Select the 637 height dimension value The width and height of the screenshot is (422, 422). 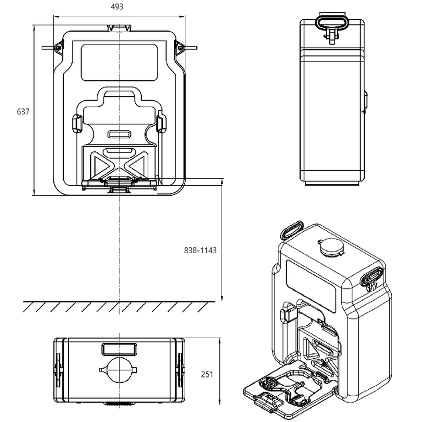pyautogui.click(x=23, y=111)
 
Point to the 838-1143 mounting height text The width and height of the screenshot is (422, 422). pyautogui.click(x=200, y=250)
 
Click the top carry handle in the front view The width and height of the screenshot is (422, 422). pyautogui.click(x=120, y=28)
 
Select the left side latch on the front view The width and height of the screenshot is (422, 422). pyautogui.click(x=57, y=46)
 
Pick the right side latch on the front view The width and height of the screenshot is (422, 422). pyautogui.click(x=182, y=46)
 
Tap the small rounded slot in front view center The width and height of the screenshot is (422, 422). pyautogui.click(x=120, y=134)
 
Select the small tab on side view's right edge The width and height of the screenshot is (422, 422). pyautogui.click(x=365, y=101)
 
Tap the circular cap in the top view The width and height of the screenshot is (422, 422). pyautogui.click(x=120, y=371)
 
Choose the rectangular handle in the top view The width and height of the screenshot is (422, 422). pyautogui.click(x=120, y=349)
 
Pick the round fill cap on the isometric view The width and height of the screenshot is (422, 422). pyautogui.click(x=331, y=249)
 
